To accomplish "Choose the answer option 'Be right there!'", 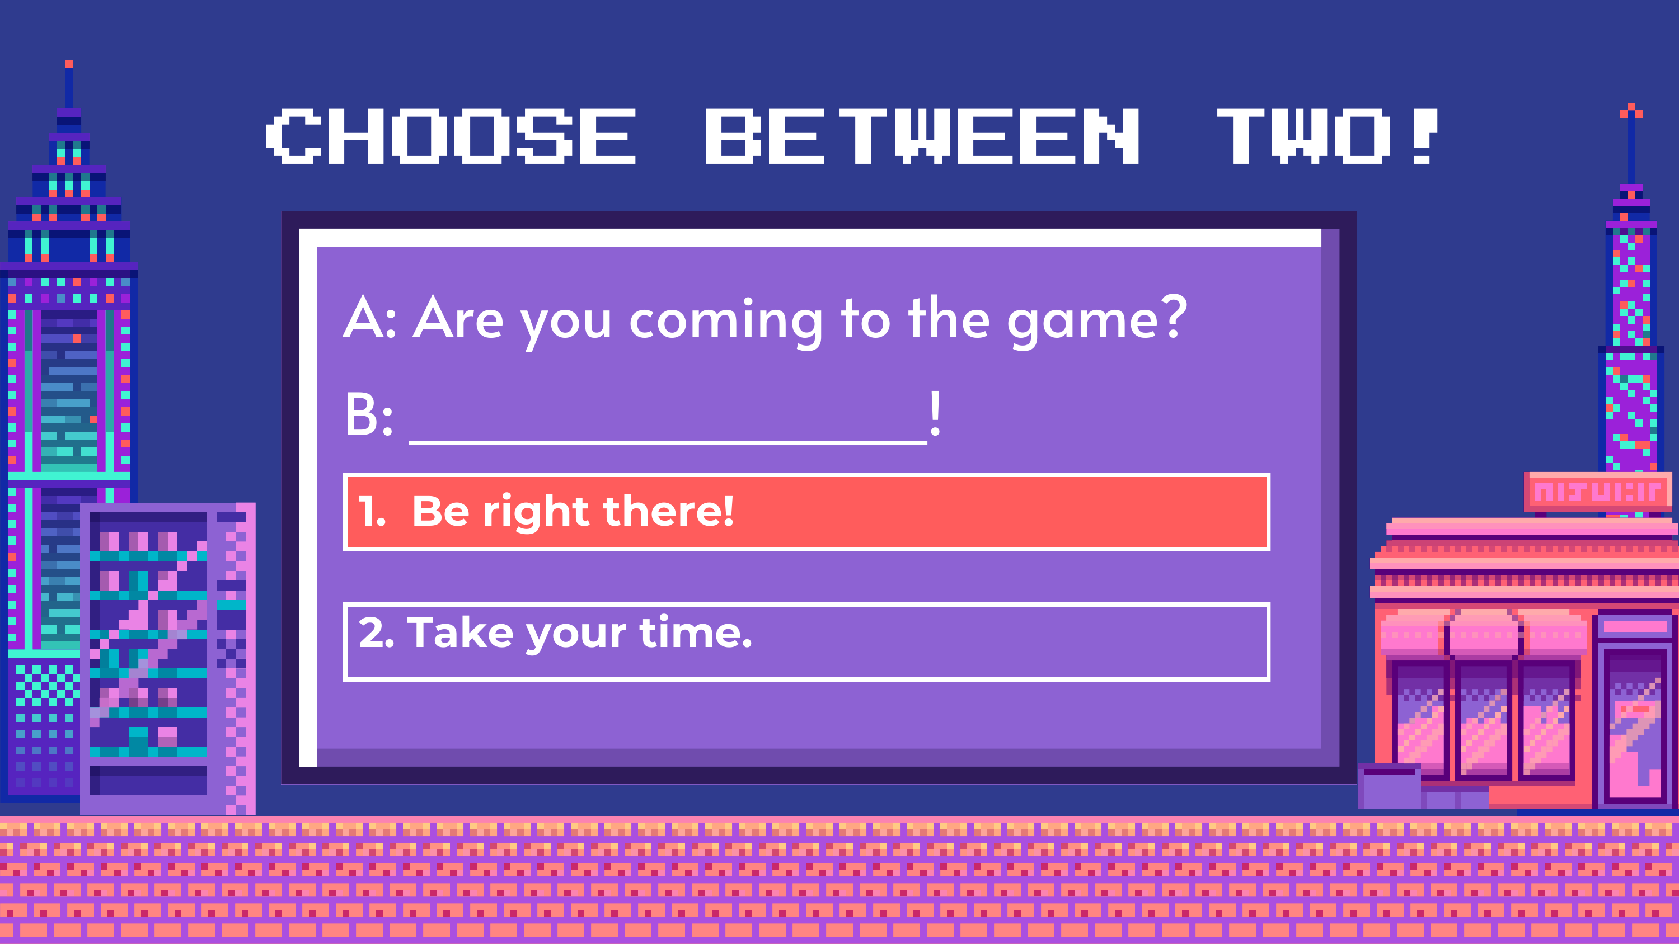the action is tap(806, 512).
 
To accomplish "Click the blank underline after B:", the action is tap(668, 442).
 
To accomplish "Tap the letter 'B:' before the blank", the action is tap(369, 414).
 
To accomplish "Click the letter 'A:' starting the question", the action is tap(369, 317).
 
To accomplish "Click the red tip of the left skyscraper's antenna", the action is tap(69, 64).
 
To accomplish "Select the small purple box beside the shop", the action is tap(1390, 786).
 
